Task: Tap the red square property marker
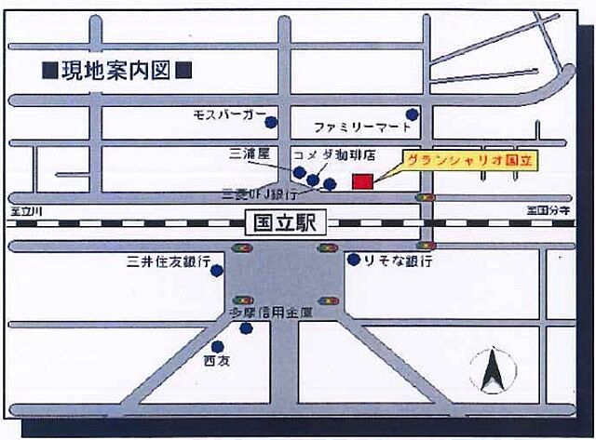click(361, 181)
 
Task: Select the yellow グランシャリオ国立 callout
click(470, 161)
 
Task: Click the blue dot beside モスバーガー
click(270, 122)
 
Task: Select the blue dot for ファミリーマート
click(412, 114)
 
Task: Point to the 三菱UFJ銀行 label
click(260, 194)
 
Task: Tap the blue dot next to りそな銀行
click(354, 260)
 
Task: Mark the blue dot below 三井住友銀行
click(217, 272)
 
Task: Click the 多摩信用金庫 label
click(271, 314)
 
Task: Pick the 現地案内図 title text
click(116, 69)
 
